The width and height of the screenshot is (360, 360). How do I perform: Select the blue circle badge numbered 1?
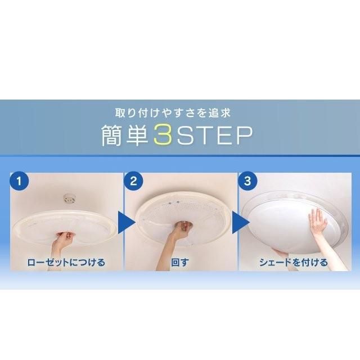point(20,182)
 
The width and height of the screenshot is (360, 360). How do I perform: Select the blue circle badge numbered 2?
point(134,182)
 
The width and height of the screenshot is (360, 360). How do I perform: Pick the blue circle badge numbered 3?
point(247,182)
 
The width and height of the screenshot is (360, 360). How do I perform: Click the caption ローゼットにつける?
point(67,262)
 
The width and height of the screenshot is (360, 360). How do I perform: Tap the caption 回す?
point(181,262)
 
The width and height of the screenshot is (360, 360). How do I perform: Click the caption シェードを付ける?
point(294,262)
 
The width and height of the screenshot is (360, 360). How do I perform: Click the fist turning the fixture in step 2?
point(182,226)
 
